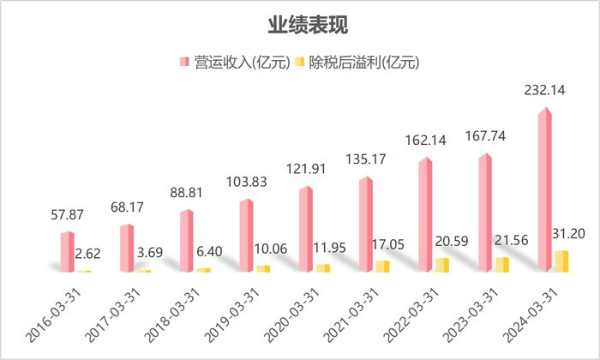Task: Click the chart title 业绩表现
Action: coord(300,24)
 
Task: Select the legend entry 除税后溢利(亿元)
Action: coord(356,62)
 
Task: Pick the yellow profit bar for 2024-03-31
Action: coord(562,261)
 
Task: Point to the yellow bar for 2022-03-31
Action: coord(442,265)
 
